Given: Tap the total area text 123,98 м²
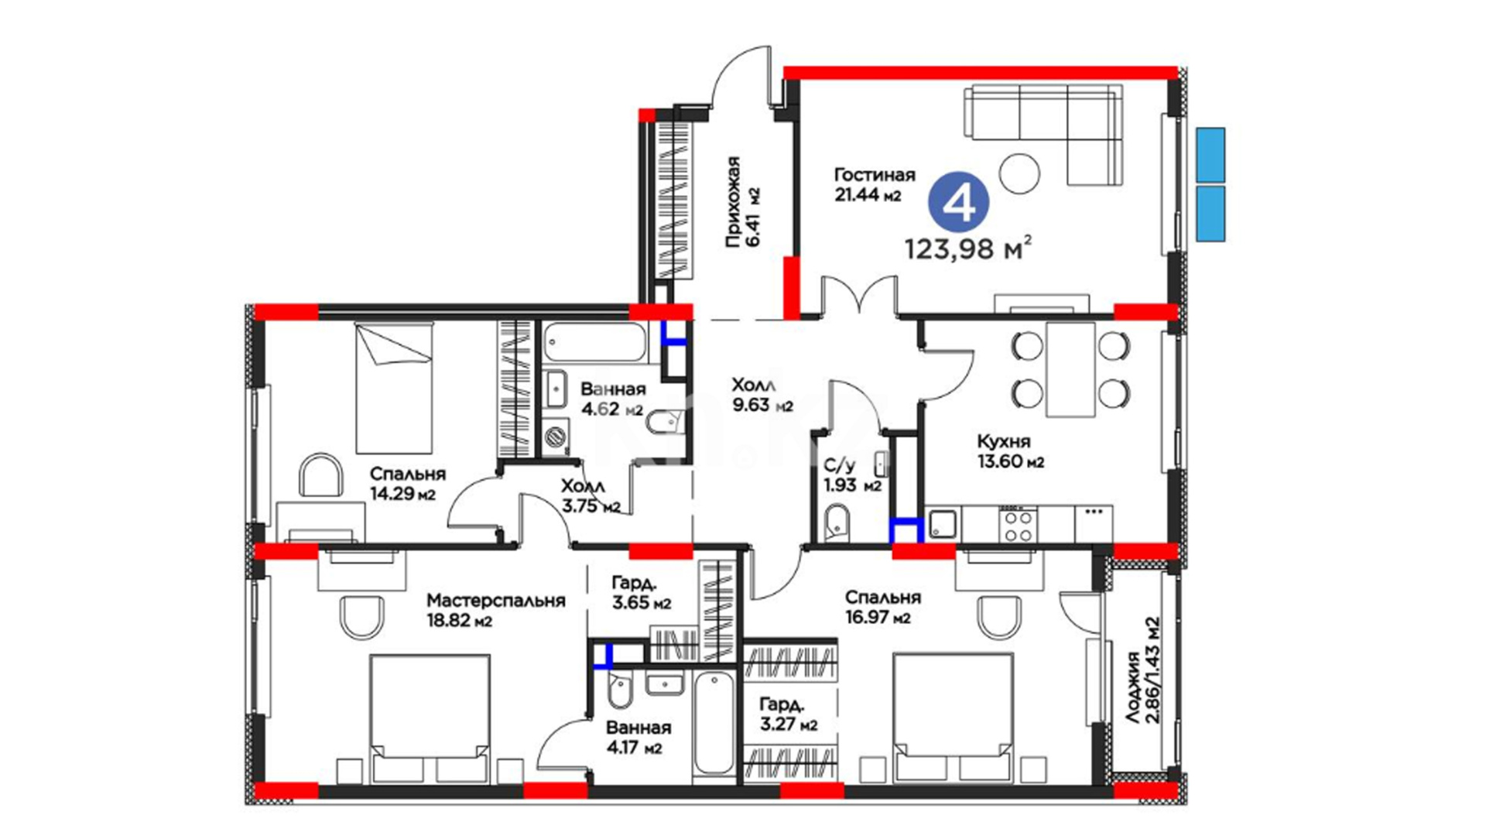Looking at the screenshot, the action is (968, 248).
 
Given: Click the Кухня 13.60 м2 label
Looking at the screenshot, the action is (1010, 451).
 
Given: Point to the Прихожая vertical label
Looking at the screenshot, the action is (741, 202).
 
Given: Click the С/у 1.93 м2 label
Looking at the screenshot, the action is (852, 475).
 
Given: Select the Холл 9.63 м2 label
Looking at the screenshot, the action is (762, 395).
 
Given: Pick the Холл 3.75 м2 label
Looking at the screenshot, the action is (591, 496).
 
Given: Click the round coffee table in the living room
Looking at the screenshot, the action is (1019, 173).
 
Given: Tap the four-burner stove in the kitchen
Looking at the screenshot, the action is (1017, 524).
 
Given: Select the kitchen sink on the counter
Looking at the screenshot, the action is (943, 524).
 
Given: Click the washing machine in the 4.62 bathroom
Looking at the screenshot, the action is (555, 437).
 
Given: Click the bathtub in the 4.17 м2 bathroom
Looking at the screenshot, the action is (714, 723).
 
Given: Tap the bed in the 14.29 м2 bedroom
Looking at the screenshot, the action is (394, 388).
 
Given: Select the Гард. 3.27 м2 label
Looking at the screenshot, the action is (788, 714).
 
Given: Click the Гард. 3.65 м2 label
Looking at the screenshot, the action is (641, 592).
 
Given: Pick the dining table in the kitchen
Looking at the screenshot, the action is (1070, 369).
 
